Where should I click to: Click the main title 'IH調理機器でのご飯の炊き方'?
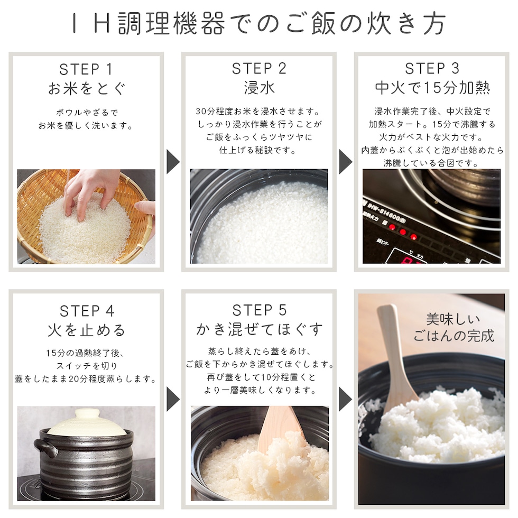(259, 24)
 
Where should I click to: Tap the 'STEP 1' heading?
(86, 69)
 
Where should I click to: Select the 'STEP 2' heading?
(259, 69)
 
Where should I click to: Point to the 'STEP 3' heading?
(432, 69)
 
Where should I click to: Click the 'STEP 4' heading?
(87, 311)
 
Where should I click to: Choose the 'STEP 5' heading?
(260, 310)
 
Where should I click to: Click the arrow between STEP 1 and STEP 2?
(173, 162)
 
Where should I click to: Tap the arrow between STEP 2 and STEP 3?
(346, 162)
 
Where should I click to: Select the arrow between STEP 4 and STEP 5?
(173, 399)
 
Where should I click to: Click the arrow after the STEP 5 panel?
(346, 399)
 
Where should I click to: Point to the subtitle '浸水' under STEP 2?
(260, 88)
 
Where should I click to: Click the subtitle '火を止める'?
(87, 330)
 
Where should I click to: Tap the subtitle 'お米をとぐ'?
(87, 89)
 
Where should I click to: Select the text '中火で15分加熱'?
(432, 88)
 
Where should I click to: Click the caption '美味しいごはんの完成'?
(454, 327)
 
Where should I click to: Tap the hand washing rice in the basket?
(89, 191)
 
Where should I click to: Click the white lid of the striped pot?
(87, 422)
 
